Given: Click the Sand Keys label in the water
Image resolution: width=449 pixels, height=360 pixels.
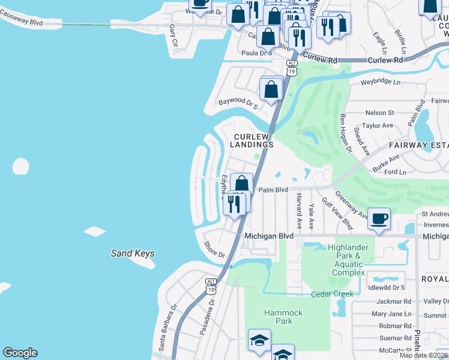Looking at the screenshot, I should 133,253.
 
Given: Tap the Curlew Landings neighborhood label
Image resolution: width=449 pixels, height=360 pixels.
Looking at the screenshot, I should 254,141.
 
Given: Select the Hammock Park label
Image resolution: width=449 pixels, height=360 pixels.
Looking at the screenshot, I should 283,317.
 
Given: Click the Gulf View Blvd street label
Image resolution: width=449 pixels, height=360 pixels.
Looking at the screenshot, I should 337,214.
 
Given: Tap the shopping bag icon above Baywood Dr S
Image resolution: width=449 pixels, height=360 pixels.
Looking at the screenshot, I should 271,89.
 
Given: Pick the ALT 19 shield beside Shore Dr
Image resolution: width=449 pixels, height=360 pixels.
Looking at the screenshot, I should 211,286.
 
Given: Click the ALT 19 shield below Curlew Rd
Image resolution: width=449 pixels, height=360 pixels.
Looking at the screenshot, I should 292,67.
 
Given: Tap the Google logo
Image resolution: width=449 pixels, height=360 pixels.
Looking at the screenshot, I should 20,353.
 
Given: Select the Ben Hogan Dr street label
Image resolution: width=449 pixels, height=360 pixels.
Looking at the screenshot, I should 346,133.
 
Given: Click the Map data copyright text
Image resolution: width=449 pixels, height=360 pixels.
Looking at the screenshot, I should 423,355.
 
